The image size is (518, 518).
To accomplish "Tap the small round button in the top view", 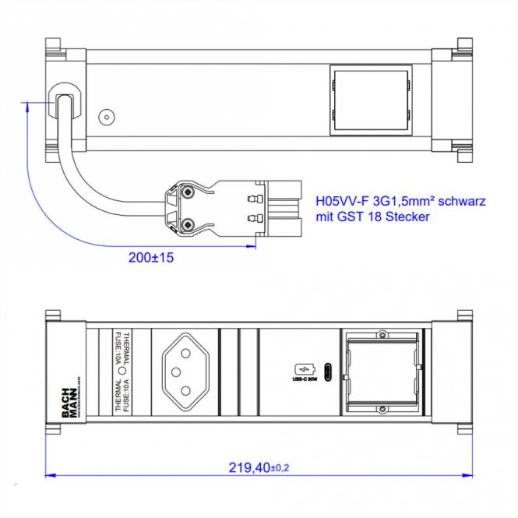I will (x=105, y=118).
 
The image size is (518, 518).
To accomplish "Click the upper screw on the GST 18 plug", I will (x=187, y=191).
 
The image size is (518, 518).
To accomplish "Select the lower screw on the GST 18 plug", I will (x=187, y=224).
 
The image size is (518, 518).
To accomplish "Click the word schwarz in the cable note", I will (x=459, y=200).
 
